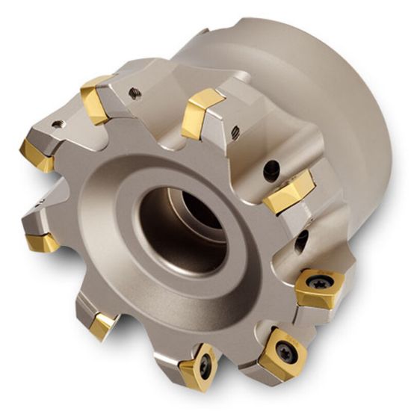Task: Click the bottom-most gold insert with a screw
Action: click(200, 365)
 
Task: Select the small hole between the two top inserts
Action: click(135, 92)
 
